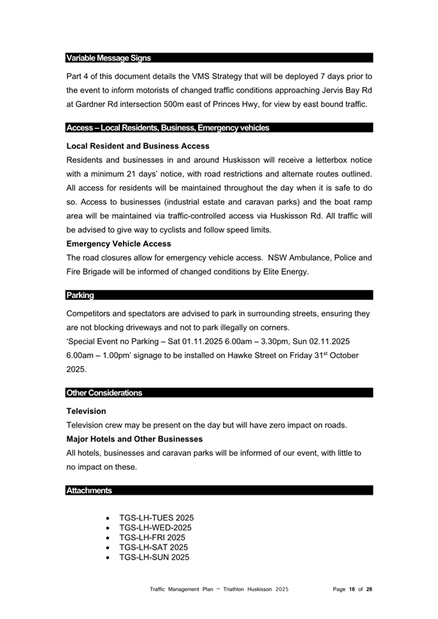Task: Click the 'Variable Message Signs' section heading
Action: pos(109,58)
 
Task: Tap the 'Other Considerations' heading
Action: pos(104,392)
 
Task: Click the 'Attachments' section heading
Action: pos(89,490)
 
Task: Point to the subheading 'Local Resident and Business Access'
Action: pos(137,146)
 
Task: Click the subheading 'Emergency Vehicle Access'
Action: pos(118,243)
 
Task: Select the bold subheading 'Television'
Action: pos(86,411)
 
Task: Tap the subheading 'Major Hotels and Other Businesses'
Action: pos(135,438)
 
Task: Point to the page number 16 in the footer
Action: pos(352,588)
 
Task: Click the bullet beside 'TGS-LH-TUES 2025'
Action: pos(108,517)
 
